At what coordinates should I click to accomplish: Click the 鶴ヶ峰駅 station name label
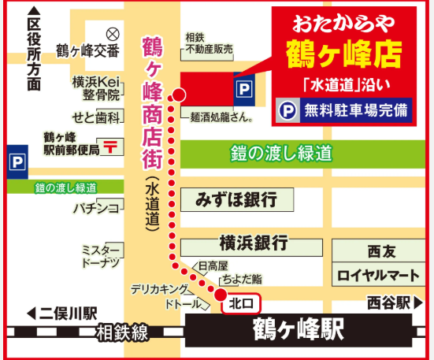[x=299, y=330]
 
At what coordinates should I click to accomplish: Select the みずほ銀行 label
[x=236, y=200]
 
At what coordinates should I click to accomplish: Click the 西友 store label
[x=378, y=252]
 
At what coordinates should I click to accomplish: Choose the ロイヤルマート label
[x=378, y=276]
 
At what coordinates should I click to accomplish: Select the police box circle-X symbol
[x=112, y=33]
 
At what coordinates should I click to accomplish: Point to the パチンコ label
[x=96, y=208]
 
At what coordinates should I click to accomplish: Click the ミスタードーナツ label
[x=101, y=254]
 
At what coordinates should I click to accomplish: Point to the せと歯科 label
[x=96, y=117]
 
